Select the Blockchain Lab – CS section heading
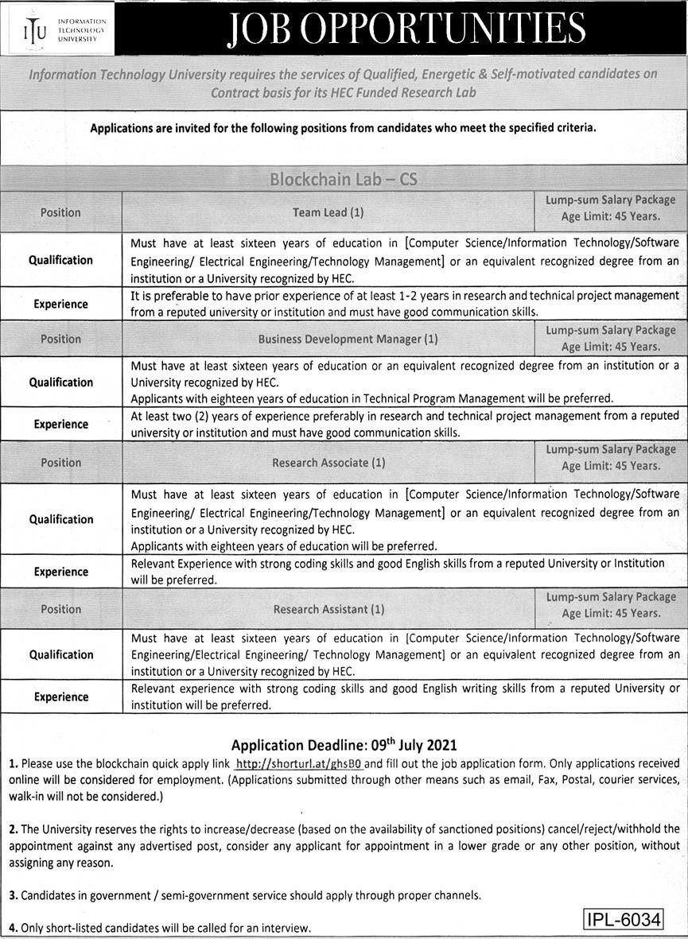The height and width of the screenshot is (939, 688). click(x=344, y=179)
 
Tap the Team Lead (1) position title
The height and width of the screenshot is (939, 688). click(x=328, y=212)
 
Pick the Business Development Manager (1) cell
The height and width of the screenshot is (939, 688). click(x=348, y=339)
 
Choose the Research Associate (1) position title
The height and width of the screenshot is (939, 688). click(x=328, y=462)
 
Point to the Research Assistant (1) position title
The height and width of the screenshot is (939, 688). click(x=328, y=609)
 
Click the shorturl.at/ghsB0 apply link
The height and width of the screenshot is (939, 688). click(x=300, y=762)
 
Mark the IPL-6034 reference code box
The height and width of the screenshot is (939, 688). click(x=624, y=919)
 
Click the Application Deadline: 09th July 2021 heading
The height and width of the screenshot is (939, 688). click(x=344, y=745)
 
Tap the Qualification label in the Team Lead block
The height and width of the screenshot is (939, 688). click(x=61, y=260)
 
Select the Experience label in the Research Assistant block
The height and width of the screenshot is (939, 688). click(x=61, y=696)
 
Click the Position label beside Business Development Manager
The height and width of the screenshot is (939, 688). click(x=61, y=339)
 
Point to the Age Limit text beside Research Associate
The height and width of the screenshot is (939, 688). click(x=611, y=466)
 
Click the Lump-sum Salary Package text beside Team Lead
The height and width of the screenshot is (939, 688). click(x=610, y=200)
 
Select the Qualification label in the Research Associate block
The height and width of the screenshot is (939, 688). click(x=61, y=519)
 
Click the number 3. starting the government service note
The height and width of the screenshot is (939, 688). click(x=14, y=895)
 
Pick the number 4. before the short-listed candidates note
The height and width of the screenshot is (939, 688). click(x=14, y=928)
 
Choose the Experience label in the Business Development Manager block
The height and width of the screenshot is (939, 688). click(x=61, y=425)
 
